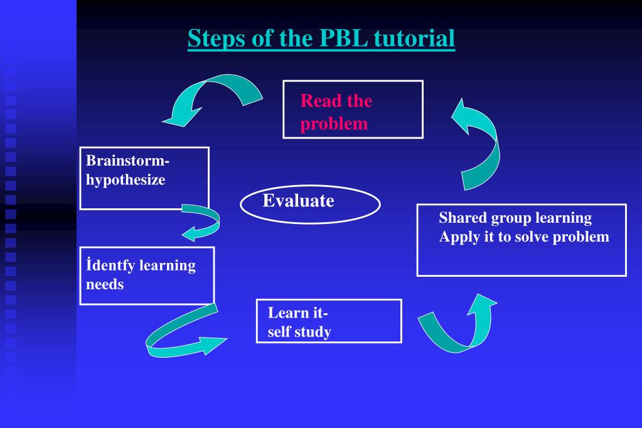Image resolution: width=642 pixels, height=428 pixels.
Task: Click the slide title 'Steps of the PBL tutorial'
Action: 321,38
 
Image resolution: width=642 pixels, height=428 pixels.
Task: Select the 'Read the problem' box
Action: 353,110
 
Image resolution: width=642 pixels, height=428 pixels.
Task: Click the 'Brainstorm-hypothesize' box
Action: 144,178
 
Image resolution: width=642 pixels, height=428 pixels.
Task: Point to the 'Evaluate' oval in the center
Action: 310,205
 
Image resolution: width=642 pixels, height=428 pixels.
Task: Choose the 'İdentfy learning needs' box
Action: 147,276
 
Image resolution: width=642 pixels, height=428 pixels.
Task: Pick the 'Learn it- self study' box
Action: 329,321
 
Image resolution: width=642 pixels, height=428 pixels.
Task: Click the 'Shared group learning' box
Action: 522,240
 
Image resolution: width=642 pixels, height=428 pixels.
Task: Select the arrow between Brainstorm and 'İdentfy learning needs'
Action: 204,222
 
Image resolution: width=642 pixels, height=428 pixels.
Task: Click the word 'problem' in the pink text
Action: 334,124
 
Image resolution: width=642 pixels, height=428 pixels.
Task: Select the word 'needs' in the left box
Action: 105,284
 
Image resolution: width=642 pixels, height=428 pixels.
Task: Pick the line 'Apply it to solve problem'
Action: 524,237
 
